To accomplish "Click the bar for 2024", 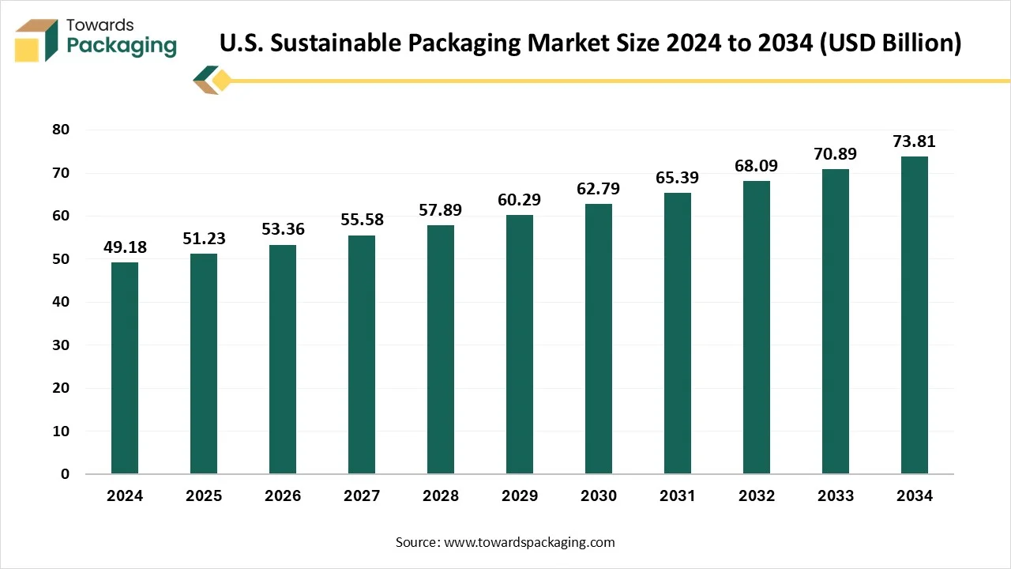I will point(125,368).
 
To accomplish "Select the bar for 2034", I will point(915,315).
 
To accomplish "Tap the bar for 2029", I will point(520,345).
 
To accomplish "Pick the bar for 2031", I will point(678,333).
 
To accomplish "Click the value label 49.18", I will point(125,248).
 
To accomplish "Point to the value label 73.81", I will point(915,142).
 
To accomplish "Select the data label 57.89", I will point(441,211).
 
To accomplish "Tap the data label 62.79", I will point(599,190).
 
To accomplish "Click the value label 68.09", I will point(757,167).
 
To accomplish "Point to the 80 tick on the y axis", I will point(61,130).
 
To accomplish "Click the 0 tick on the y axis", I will point(66,474).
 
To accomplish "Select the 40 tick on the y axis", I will point(61,302).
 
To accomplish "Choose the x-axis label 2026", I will point(283,496).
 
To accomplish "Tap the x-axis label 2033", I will point(836,496).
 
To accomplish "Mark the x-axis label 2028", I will point(441,496).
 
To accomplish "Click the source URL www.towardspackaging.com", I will point(528,542).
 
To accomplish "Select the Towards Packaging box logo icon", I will point(36,40).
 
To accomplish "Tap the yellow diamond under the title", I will point(222,80).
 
